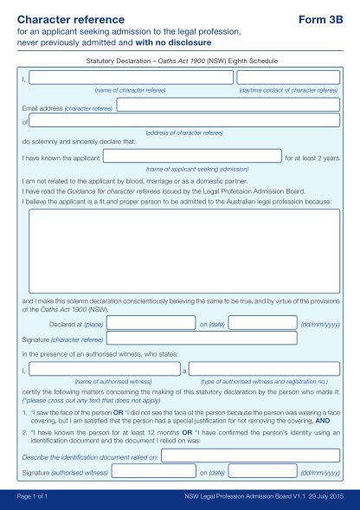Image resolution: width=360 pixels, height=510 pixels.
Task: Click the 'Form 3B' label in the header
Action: (321, 17)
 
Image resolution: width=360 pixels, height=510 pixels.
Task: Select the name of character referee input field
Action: (131, 78)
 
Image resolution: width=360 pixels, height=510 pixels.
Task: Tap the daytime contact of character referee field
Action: (289, 78)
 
